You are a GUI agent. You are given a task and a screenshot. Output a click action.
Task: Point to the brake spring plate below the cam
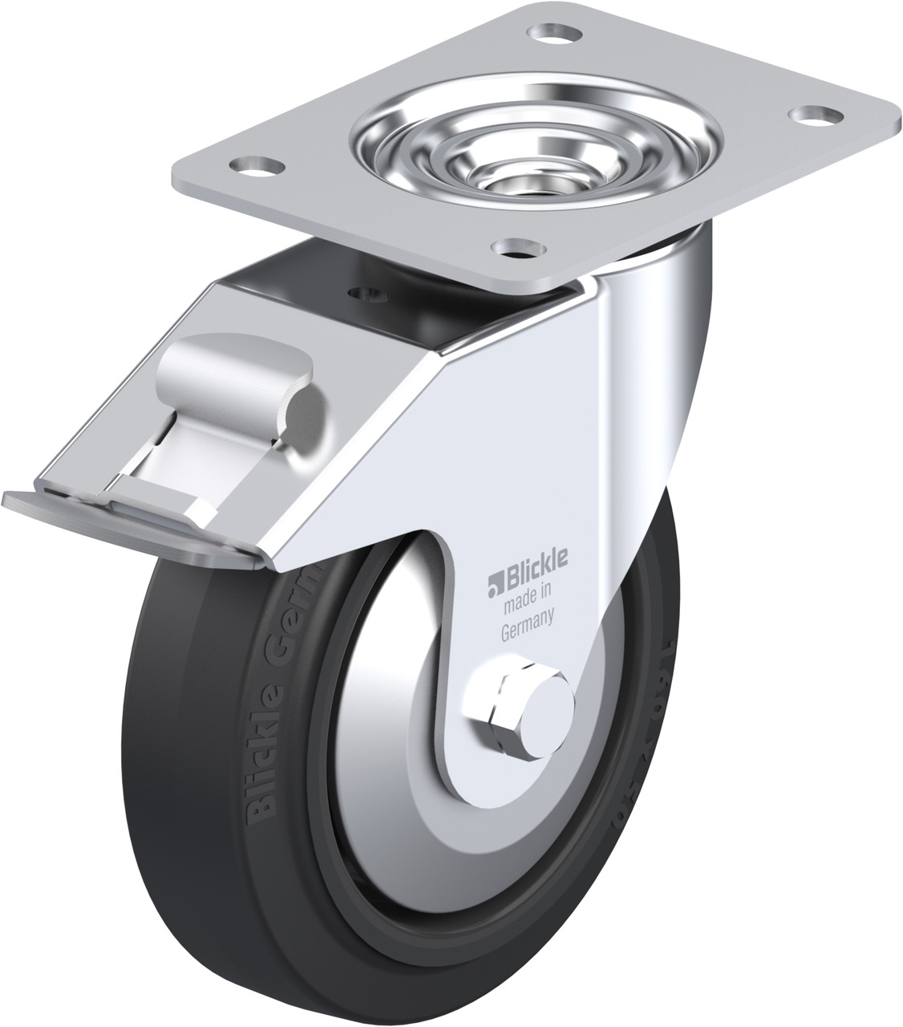coord(200,457)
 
